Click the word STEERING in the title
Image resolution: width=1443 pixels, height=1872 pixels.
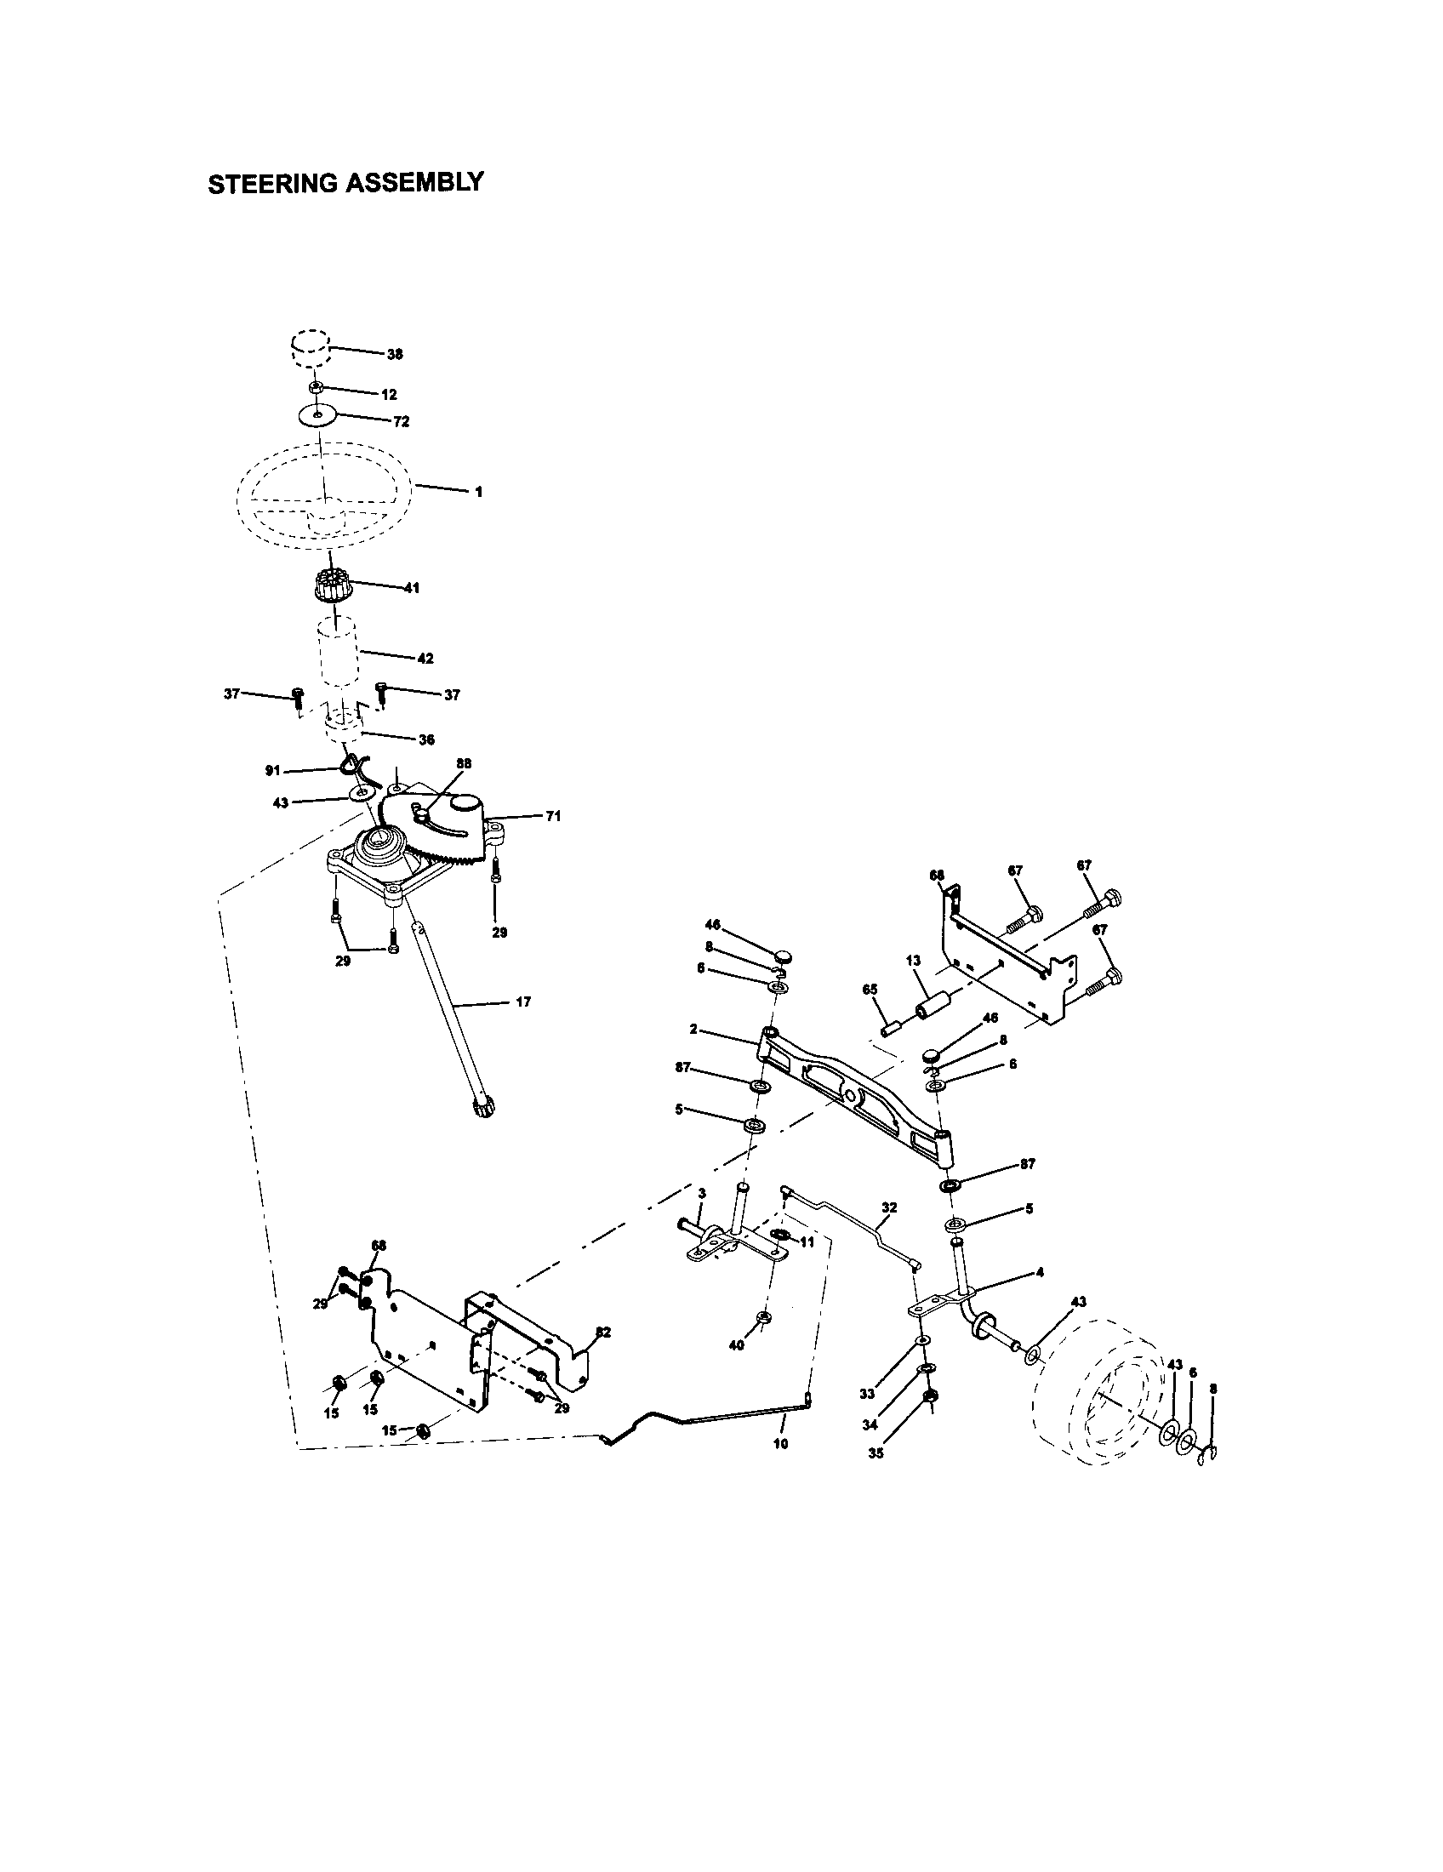pos(271,184)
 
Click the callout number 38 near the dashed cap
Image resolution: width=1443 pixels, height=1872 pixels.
pos(395,354)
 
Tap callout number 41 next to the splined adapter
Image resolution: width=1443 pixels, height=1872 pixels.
pos(411,589)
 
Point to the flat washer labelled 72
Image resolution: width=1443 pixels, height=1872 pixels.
pos(319,416)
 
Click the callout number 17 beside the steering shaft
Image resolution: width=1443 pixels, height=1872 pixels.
pos(522,1002)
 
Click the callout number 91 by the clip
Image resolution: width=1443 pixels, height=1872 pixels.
pos(273,771)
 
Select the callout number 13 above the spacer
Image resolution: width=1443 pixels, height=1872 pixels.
pos(912,961)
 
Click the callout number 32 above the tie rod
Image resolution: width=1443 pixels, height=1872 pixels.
pos(888,1207)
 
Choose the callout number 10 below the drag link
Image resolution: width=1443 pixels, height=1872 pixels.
pos(779,1443)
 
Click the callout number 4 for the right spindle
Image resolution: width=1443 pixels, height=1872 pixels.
pos(1040,1273)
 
